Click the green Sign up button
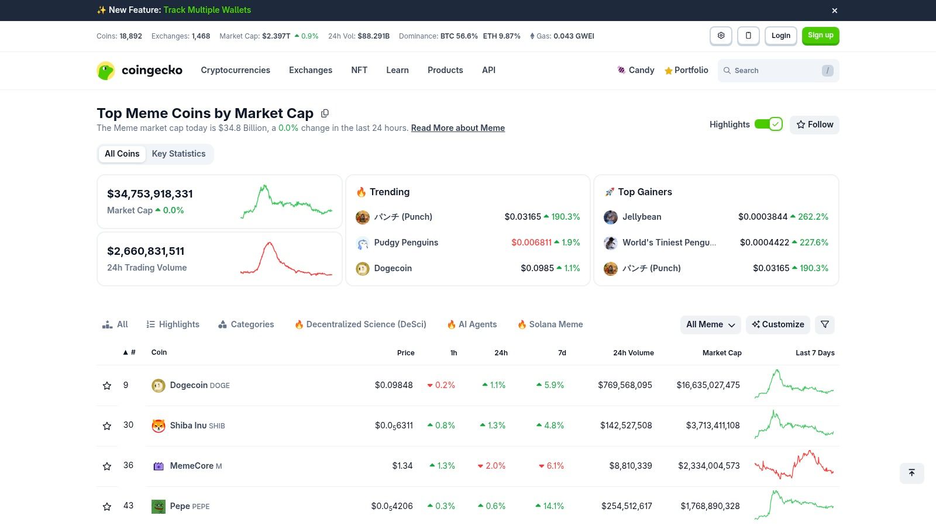click(820, 36)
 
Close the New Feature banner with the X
click(835, 11)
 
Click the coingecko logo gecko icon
click(106, 71)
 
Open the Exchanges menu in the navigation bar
click(310, 70)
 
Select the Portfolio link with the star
click(686, 70)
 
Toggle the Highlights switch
click(768, 124)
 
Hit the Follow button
click(814, 124)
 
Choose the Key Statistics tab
click(178, 154)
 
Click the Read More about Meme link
click(457, 128)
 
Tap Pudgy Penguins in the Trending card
click(406, 243)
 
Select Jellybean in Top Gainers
click(641, 217)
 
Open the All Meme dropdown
click(710, 324)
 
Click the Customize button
click(777, 324)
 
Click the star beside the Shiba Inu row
click(107, 426)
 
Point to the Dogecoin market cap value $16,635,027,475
click(708, 385)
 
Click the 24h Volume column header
click(633, 353)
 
